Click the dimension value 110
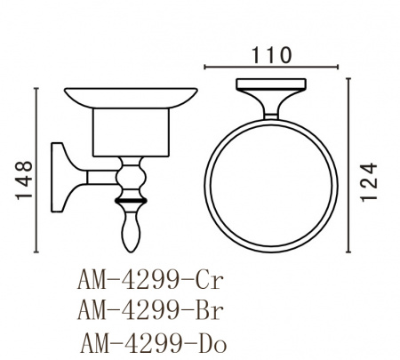click(272, 55)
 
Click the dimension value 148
click(24, 180)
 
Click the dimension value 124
click(369, 182)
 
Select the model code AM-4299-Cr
click(150, 280)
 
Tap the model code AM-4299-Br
click(150, 310)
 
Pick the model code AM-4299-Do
click(153, 343)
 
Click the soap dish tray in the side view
click(131, 98)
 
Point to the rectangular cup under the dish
click(131, 132)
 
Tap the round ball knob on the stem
click(131, 178)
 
